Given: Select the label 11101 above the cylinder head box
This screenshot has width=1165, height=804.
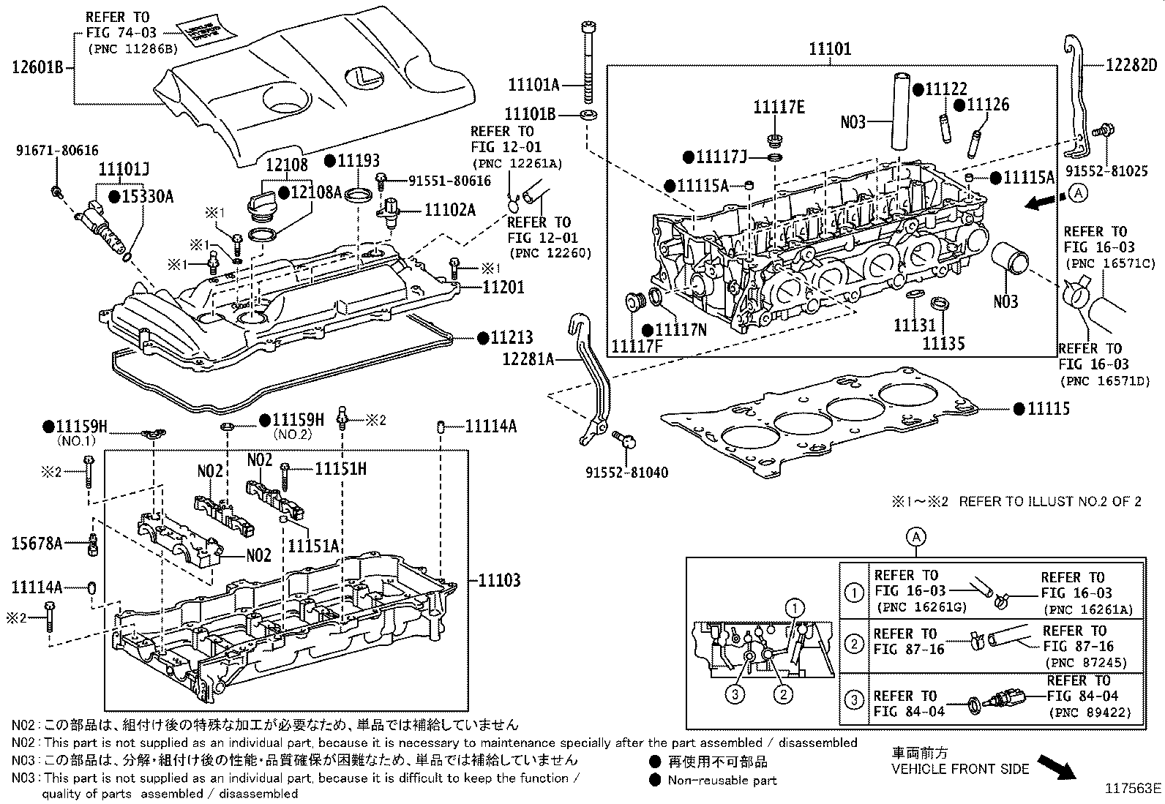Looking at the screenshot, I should click(x=830, y=49).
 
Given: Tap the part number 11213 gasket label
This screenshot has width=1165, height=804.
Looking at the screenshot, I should click(x=512, y=338).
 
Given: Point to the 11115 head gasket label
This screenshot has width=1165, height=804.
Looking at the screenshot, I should click(x=1048, y=409).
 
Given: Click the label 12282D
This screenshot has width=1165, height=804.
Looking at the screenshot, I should click(x=1131, y=65).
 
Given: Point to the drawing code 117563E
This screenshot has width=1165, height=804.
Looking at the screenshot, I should click(x=1133, y=789).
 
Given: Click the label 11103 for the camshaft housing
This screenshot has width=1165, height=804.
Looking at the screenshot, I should click(x=499, y=581).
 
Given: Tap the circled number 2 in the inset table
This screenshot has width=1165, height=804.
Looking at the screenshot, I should click(x=854, y=643).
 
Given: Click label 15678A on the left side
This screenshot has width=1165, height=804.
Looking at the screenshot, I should click(x=37, y=543).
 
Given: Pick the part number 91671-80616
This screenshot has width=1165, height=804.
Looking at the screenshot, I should click(x=57, y=151).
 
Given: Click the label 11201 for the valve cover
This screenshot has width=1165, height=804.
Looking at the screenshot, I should click(x=503, y=287).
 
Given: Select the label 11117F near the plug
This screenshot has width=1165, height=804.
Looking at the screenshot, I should click(x=637, y=346).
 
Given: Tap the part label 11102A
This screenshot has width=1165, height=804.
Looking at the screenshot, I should click(x=450, y=211).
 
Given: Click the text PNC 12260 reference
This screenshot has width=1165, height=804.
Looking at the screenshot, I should click(x=548, y=253).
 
